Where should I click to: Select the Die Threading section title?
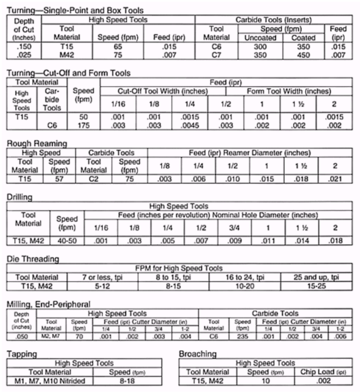33,259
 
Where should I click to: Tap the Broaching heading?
198,354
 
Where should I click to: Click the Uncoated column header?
260,38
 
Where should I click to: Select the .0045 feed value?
190,126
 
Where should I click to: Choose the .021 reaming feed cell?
336,179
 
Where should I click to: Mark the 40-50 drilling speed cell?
67,241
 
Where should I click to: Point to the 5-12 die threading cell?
104,286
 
